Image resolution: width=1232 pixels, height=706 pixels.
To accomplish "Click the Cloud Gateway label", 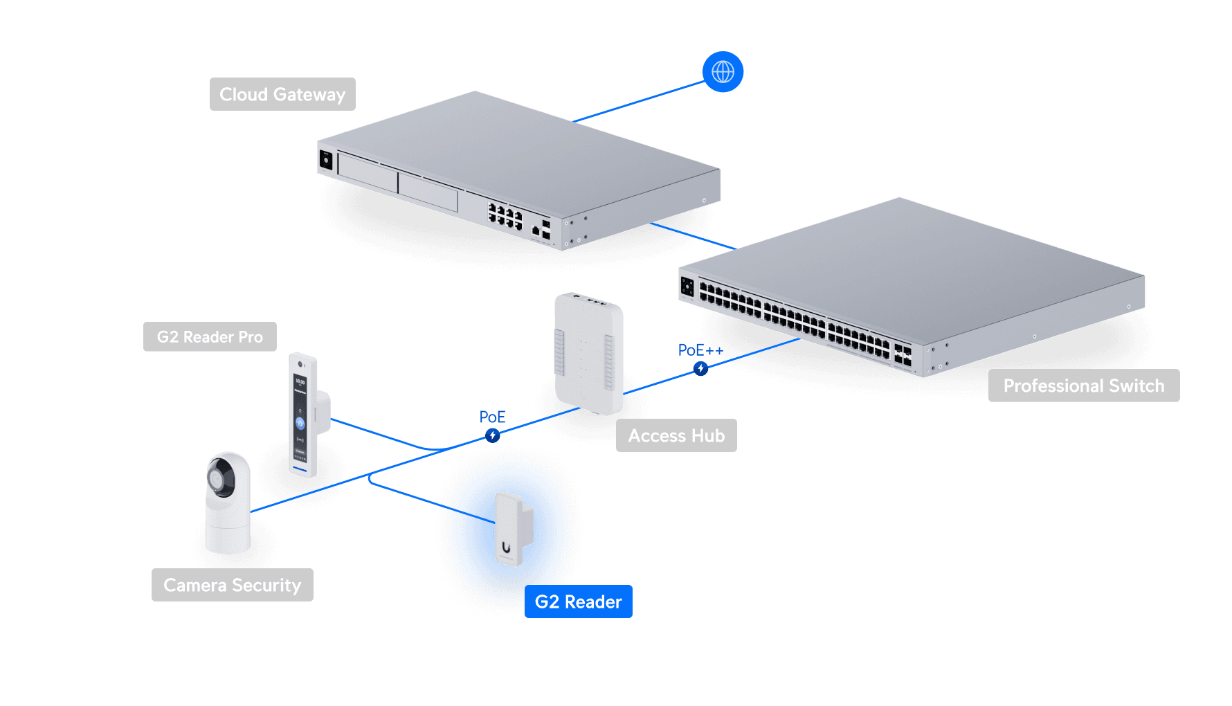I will [x=282, y=94].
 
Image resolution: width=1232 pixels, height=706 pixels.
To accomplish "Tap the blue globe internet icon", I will [x=723, y=71].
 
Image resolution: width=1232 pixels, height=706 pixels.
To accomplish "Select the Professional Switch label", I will [x=1083, y=386].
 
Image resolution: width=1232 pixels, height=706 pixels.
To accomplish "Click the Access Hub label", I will [x=676, y=435].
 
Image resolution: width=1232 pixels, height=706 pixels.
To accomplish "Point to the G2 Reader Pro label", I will [x=210, y=337].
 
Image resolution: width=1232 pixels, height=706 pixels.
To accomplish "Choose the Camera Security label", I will [x=232, y=585].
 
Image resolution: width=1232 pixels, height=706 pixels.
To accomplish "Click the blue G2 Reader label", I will [x=578, y=601].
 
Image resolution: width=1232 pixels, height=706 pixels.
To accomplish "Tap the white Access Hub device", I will [x=588, y=353].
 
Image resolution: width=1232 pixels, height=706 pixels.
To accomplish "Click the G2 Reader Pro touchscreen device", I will [x=302, y=415].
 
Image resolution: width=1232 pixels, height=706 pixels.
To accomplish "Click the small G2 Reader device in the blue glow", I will [x=513, y=529].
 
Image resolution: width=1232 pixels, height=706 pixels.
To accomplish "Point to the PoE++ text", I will [x=700, y=350].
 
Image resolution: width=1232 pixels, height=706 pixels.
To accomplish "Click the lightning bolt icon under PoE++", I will [x=700, y=369].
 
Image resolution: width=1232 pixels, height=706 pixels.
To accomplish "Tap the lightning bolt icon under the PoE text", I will [x=492, y=435].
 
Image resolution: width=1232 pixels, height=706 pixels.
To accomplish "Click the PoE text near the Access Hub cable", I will [x=492, y=417].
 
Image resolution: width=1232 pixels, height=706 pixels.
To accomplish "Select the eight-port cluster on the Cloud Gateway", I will [x=505, y=216].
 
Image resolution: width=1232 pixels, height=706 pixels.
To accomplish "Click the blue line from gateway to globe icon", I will [x=637, y=101].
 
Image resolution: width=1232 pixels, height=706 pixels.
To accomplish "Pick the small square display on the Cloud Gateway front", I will [x=326, y=161].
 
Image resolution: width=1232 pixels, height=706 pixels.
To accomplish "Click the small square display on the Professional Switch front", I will [x=687, y=286].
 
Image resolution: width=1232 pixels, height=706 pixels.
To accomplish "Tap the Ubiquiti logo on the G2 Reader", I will [x=507, y=548].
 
